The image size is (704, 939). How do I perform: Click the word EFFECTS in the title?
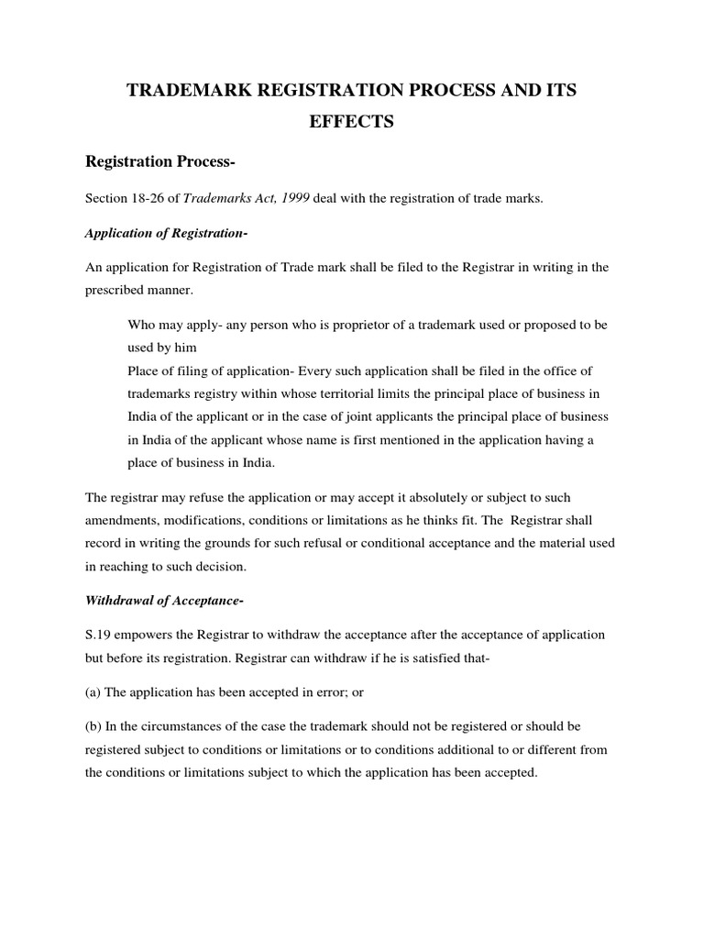(351, 121)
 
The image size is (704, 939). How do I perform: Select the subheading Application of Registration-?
(166, 233)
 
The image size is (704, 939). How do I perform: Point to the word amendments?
(122, 520)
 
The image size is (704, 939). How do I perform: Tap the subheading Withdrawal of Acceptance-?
(163, 601)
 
